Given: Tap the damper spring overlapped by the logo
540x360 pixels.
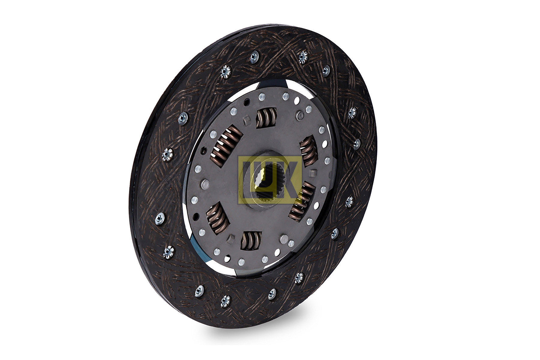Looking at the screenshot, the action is [301, 198].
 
